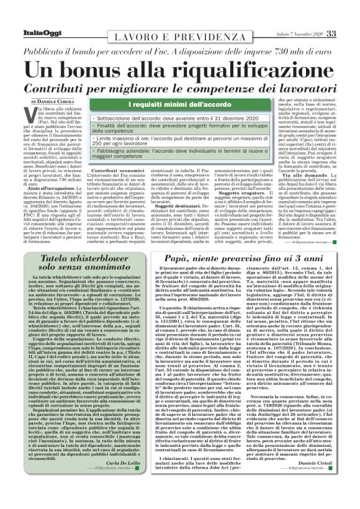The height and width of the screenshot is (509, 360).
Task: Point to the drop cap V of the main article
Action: [x=37, y=112]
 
